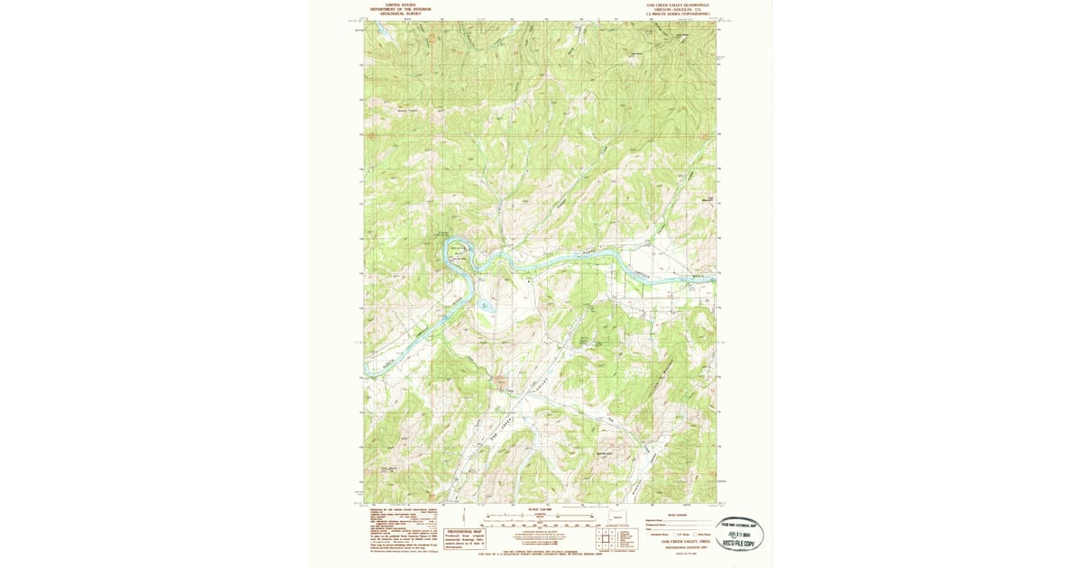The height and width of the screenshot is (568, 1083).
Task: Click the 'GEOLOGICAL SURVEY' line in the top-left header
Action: pos(401,14)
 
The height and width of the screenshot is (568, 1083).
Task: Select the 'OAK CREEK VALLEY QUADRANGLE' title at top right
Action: pos(677,5)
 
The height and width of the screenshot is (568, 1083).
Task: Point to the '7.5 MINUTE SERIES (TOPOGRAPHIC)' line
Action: pos(677,14)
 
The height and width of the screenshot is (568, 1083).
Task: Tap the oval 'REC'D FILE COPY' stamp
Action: pos(739,534)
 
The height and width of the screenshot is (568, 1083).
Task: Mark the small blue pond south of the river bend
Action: pos(486,306)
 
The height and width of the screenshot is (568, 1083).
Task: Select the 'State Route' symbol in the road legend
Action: pos(693,534)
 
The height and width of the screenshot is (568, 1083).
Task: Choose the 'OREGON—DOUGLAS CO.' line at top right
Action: pos(677,9)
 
